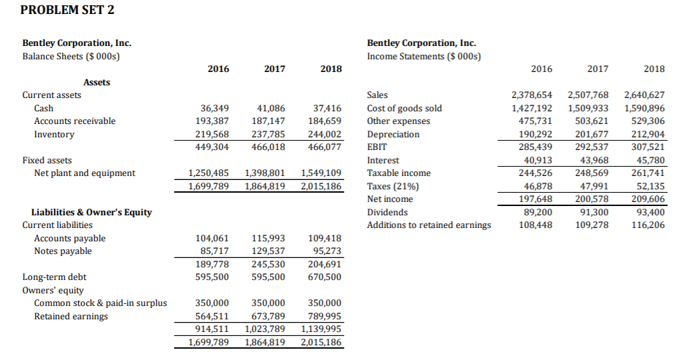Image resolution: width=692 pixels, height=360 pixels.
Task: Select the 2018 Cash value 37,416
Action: click(x=327, y=108)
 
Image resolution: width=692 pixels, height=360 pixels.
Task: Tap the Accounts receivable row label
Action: click(x=75, y=121)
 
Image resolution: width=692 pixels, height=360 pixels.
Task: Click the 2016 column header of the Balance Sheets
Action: click(x=218, y=69)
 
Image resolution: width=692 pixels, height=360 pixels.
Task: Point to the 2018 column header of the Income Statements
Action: click(x=654, y=69)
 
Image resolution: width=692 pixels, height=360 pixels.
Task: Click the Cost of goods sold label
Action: click(x=405, y=108)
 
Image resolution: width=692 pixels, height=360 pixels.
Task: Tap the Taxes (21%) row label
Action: click(x=390, y=186)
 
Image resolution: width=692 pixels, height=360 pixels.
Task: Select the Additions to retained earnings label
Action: click(x=429, y=225)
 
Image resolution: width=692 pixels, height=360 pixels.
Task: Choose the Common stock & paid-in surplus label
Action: click(x=101, y=303)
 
